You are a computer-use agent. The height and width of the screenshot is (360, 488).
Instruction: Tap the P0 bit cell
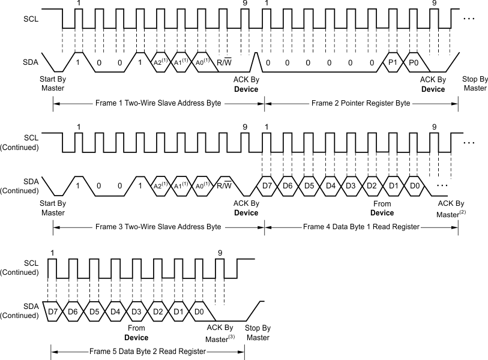tap(414, 62)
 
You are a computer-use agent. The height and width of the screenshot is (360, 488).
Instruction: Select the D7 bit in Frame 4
tap(268, 186)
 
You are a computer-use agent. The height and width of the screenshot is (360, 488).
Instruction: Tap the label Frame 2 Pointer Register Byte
tap(361, 103)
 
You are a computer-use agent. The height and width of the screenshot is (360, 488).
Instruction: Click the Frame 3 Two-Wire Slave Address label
tap(158, 227)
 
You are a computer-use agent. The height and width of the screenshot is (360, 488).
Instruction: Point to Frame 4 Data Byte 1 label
tap(361, 227)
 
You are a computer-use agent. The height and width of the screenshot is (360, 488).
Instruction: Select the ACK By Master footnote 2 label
tap(450, 208)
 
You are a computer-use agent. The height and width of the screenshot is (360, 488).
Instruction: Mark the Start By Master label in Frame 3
tap(53, 208)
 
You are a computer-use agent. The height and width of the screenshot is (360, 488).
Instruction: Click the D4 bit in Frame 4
tap(330, 186)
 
